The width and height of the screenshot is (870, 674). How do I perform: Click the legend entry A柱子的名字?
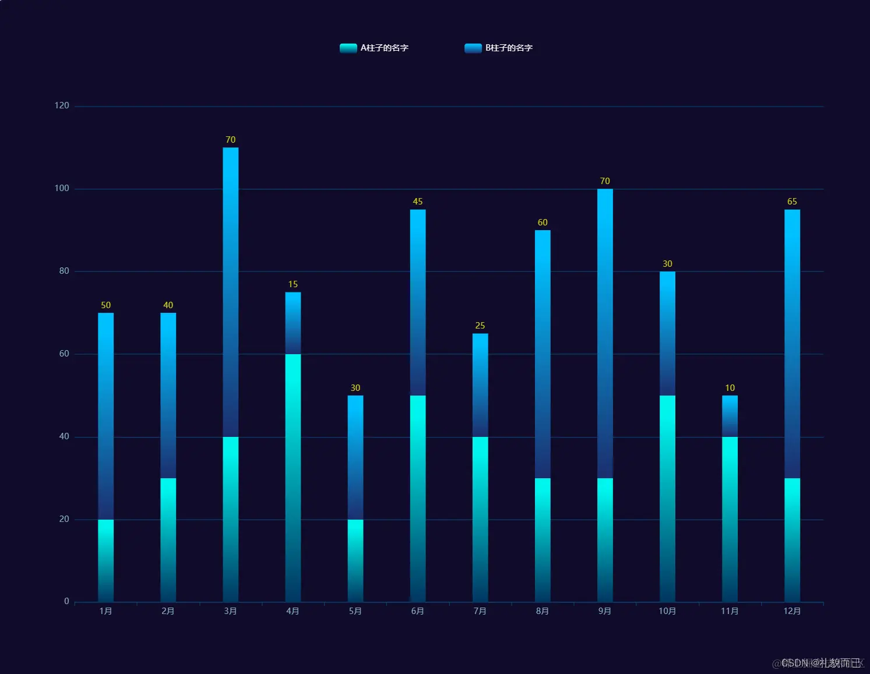(x=374, y=48)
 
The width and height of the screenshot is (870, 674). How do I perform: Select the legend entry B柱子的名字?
(x=499, y=48)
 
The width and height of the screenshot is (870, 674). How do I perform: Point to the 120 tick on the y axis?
(x=62, y=105)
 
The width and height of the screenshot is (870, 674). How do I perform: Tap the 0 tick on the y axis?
(x=66, y=601)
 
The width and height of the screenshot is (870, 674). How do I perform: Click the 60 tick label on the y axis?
(x=64, y=354)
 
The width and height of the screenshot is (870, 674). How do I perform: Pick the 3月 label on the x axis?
(x=230, y=611)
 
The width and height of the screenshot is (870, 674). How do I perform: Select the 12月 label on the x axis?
(x=792, y=611)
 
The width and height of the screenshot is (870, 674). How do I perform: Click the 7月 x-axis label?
(x=480, y=611)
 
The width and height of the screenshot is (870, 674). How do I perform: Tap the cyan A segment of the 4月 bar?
(x=293, y=478)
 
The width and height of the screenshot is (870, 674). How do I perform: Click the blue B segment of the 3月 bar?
(x=230, y=291)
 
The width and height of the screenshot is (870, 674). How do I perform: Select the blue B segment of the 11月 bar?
(x=730, y=416)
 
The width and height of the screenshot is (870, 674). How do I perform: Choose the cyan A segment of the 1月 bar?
(x=105, y=560)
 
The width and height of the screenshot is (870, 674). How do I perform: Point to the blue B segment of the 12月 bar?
(x=792, y=344)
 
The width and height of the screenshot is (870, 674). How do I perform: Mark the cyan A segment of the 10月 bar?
(x=667, y=498)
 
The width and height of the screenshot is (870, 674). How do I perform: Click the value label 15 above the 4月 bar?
(x=293, y=284)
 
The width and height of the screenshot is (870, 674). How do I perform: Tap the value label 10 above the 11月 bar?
(x=730, y=388)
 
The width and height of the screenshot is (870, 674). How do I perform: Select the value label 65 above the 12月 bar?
(x=792, y=202)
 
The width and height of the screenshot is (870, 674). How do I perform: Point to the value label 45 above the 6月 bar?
(x=417, y=202)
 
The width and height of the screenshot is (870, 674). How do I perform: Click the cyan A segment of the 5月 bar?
(x=355, y=560)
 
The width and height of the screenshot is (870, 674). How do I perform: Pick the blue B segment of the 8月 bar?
(x=543, y=354)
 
